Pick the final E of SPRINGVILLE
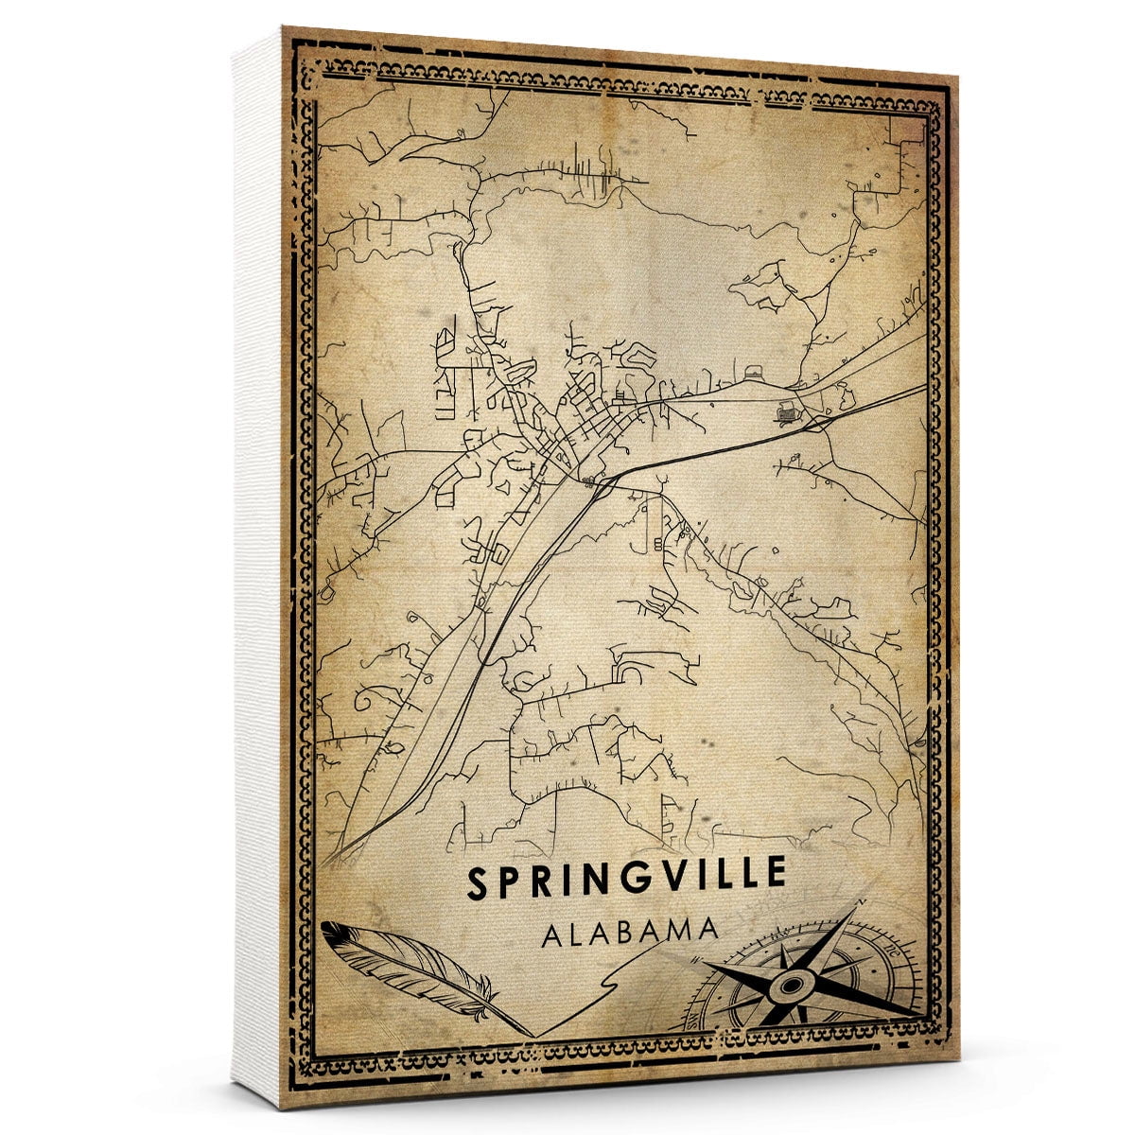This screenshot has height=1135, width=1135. pyautogui.click(x=775, y=873)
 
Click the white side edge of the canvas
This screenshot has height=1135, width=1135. pyautogui.click(x=257, y=567)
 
